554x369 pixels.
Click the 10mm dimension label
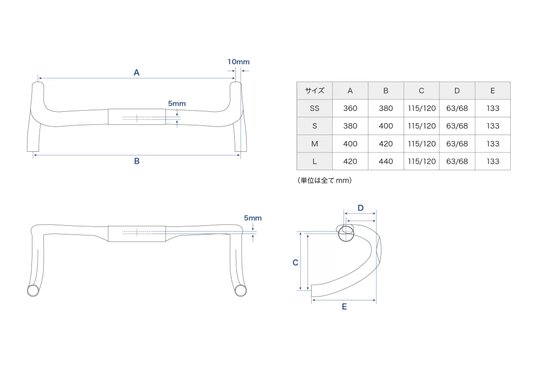pos(239,62)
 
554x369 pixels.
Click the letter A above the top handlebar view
pos(136,72)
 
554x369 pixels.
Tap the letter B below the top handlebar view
pos(137,161)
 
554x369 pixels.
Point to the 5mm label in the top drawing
pos(177,103)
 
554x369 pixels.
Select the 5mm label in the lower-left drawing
pos(253,218)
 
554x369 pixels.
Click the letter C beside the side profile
pos(295,263)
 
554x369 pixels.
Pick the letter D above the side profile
pos(360,208)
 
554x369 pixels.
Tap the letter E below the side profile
pos(344,306)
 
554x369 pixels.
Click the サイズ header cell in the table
pos(314,91)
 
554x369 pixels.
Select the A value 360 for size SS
pos(350,108)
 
